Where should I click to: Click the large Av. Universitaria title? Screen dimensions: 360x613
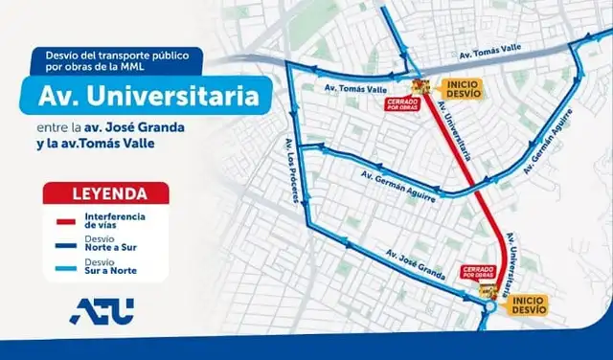148,98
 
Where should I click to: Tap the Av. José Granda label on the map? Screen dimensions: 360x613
416,265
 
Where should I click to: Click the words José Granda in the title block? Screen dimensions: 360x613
167,127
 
